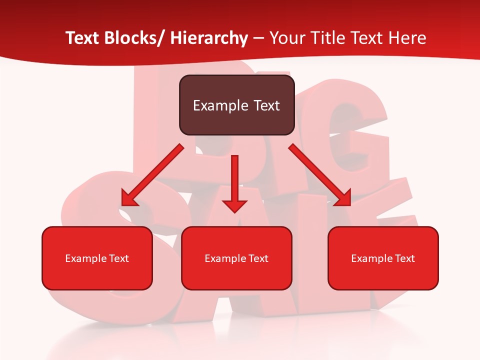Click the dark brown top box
pos(236,105)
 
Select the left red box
pos(97,258)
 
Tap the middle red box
pos(236,258)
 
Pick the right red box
pos(383,258)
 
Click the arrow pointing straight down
pos(234,182)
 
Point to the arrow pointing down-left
pos(152,175)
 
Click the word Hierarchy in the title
pos(209,38)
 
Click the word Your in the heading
pos(286,38)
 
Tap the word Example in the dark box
pos(220,105)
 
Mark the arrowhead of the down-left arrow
pos(129,199)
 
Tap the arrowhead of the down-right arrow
pos(343,198)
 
